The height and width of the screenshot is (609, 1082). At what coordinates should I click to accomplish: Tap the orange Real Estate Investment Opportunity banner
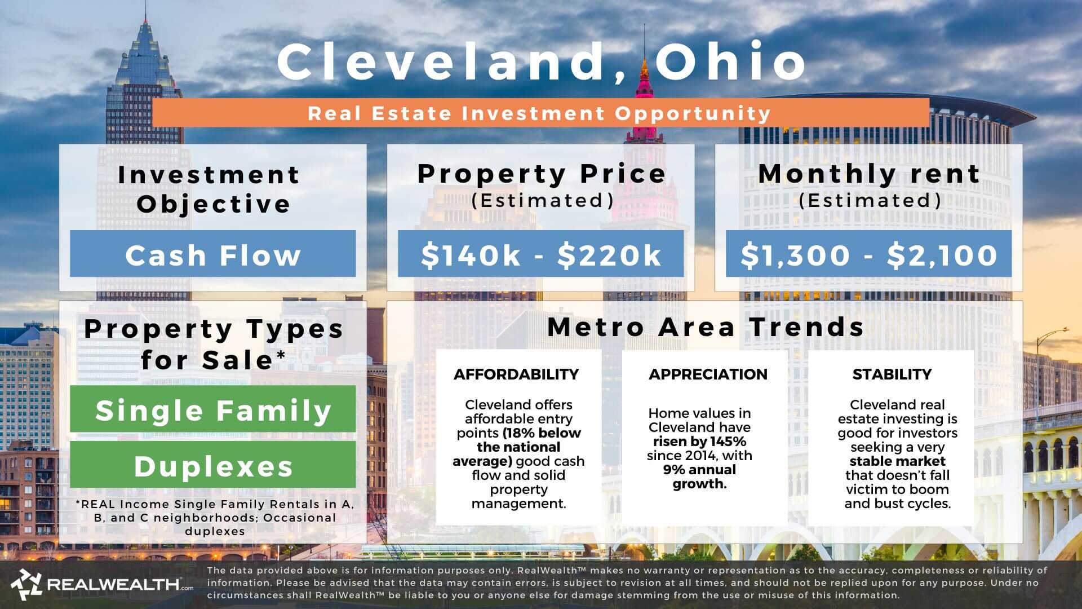(x=540, y=113)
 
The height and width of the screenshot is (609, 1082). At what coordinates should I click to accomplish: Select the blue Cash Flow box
(x=212, y=254)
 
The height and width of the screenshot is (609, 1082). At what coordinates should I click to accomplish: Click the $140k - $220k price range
(x=540, y=254)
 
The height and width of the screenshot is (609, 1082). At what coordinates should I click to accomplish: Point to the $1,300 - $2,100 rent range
(x=868, y=254)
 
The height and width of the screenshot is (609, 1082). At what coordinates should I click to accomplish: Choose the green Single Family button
(x=212, y=409)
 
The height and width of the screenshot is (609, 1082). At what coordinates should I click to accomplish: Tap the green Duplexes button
(x=212, y=465)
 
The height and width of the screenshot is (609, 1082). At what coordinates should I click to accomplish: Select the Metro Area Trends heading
(x=706, y=327)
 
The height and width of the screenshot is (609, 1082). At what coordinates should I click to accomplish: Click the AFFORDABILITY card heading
(x=516, y=374)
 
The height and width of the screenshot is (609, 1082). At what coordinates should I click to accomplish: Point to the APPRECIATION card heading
(x=708, y=374)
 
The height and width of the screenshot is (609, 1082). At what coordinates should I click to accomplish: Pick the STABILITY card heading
(x=892, y=374)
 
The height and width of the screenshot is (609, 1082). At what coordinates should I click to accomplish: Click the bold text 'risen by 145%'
(x=699, y=442)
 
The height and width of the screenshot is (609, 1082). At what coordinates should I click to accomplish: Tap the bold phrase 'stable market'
(x=897, y=461)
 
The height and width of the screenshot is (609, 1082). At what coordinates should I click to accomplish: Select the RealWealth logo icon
(x=25, y=584)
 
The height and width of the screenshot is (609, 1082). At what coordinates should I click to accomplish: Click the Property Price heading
(x=541, y=174)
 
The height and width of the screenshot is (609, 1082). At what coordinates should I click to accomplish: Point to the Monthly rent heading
(x=868, y=174)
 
